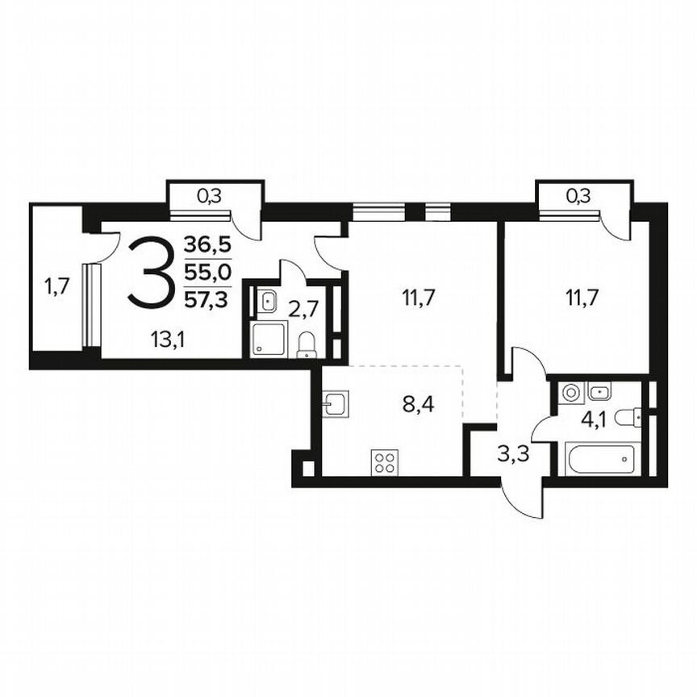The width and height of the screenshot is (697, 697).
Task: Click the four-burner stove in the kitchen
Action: [x=384, y=462]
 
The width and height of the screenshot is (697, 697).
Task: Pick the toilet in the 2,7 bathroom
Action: [x=307, y=344]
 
